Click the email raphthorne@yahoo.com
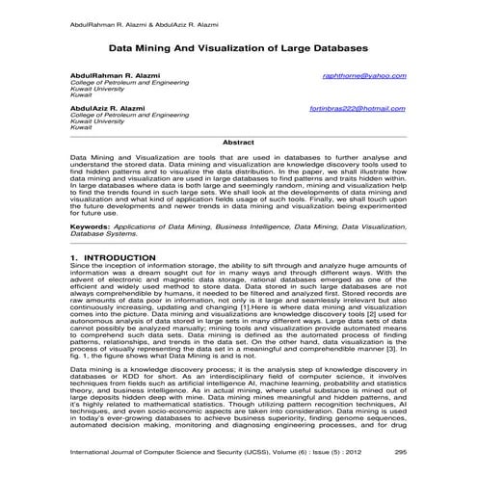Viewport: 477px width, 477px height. [x=365, y=75]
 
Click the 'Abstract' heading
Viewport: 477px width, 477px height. [x=238, y=142]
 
